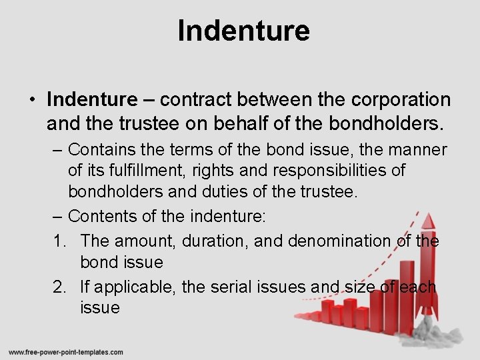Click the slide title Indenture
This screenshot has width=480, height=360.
(x=243, y=31)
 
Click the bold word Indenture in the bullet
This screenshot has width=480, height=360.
(x=91, y=100)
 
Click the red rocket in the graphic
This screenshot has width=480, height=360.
(x=427, y=267)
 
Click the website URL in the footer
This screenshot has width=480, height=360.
(x=66, y=352)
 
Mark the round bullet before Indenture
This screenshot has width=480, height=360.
(x=32, y=101)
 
